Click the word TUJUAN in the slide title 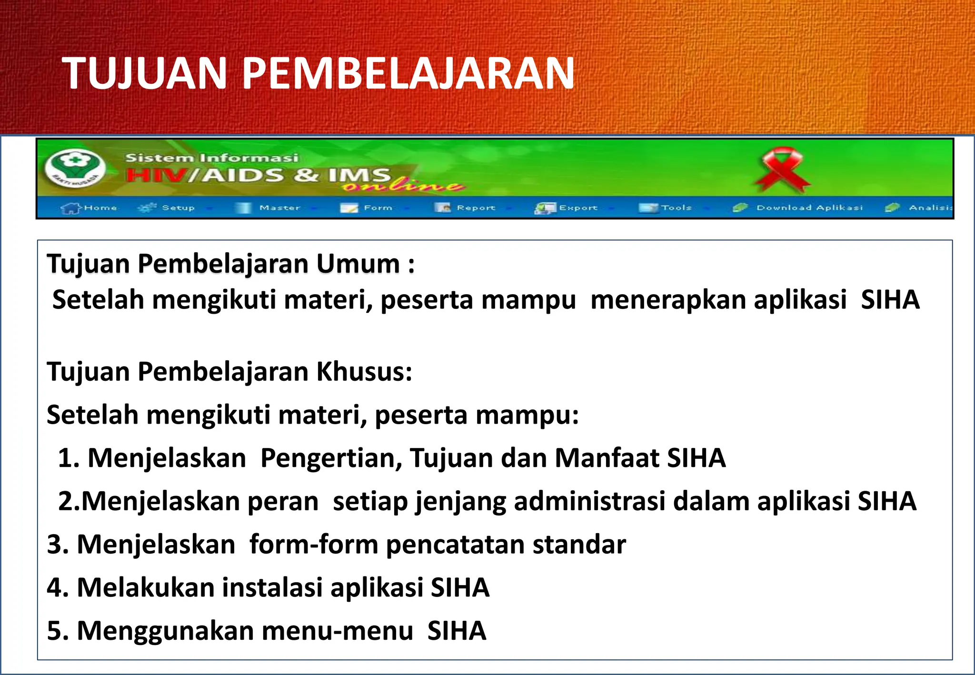pyautogui.click(x=144, y=73)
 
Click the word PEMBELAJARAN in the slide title pyautogui.click(x=408, y=73)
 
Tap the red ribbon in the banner pyautogui.click(x=781, y=169)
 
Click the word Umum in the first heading pyautogui.click(x=358, y=264)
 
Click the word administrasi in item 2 pyautogui.click(x=589, y=501)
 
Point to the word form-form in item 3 pyautogui.click(x=314, y=545)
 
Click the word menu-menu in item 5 pyautogui.click(x=337, y=631)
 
